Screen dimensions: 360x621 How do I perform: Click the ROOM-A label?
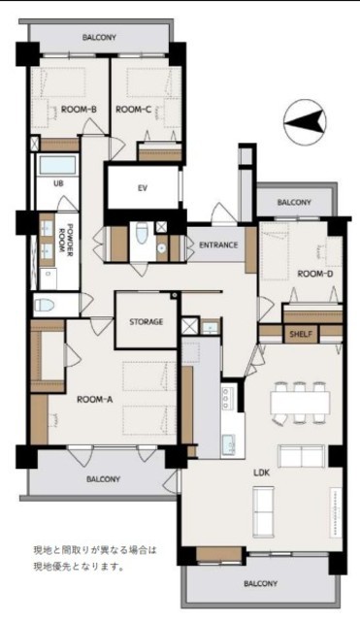pos(94,400)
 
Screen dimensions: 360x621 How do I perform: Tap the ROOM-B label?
pos(80,110)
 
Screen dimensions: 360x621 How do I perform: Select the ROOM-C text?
pos(134,110)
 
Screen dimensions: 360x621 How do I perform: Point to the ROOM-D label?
pos(315,274)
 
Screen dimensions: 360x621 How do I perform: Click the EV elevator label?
pos(143,188)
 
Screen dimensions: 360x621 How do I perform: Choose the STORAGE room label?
pos(147,321)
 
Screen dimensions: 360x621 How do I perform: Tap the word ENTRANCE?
pos(218,245)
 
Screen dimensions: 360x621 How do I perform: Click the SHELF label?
pos(301,334)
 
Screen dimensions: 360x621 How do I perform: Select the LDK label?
pos(261,473)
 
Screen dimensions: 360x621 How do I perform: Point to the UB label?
pos(58,183)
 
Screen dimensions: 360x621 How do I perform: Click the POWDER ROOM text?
pos(66,239)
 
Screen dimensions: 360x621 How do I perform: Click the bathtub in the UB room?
pos(58,166)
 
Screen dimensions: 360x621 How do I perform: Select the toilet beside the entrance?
pos(142,237)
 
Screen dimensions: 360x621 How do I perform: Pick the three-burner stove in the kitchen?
pos(227,398)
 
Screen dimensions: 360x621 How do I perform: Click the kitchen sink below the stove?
pos(228,445)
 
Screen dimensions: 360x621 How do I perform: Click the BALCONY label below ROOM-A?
pos(104,479)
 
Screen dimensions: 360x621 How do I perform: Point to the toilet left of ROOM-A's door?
pos(44,305)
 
